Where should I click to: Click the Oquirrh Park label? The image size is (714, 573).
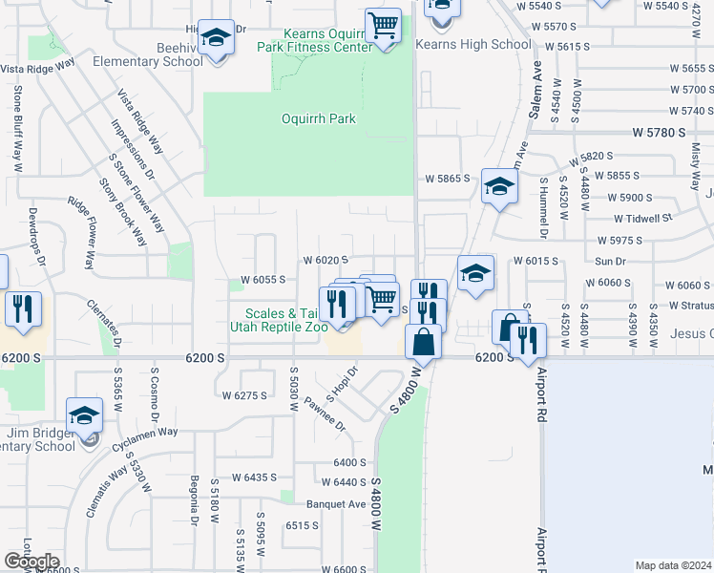(x=319, y=119)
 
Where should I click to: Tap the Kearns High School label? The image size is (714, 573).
(x=474, y=44)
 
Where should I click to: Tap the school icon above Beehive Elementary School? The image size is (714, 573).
(x=217, y=37)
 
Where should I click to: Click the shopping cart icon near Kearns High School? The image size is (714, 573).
(x=383, y=26)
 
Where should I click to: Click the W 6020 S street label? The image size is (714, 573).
(x=325, y=260)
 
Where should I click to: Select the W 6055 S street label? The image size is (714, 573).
(x=257, y=281)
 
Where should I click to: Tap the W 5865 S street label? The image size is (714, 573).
(x=449, y=179)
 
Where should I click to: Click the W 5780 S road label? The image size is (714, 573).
(x=659, y=136)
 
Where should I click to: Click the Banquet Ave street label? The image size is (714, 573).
(x=336, y=504)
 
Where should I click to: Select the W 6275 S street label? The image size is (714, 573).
(x=242, y=395)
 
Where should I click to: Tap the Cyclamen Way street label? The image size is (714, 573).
(x=147, y=433)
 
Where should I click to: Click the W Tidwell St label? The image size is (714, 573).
(x=635, y=218)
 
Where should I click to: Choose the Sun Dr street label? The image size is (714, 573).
(x=610, y=260)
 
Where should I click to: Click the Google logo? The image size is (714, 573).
(x=32, y=562)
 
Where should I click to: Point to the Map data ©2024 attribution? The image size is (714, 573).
(x=673, y=565)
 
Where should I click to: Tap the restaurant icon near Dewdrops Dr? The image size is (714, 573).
(x=21, y=309)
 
